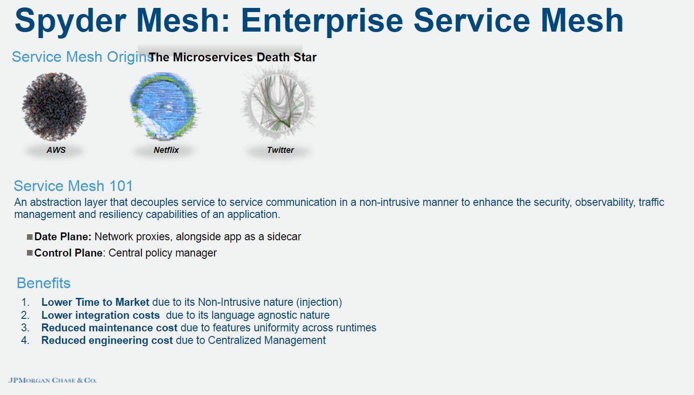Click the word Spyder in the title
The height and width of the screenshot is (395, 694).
pos(70,21)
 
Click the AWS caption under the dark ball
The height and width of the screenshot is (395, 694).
pos(56,150)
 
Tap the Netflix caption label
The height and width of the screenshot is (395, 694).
pos(166,150)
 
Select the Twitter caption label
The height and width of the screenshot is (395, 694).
pos(280,150)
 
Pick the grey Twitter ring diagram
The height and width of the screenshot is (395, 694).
pos(278,103)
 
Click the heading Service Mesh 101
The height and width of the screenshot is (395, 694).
pos(73,186)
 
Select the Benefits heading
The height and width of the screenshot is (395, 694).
pos(43,283)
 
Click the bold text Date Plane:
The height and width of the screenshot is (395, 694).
pos(63,237)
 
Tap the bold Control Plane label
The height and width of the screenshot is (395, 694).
pos(68,253)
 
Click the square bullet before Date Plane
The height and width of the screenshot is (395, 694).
pos(30,237)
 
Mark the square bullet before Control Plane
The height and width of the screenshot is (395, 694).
pos(30,253)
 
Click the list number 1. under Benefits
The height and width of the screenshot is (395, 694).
pos(25,303)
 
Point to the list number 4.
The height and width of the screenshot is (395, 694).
pos(25,341)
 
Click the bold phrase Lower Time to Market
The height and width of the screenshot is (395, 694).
pos(95,303)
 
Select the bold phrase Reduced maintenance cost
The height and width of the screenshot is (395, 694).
pos(109,328)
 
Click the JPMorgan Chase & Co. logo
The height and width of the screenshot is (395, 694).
pos(52,380)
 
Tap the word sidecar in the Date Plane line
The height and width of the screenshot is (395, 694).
pos(284,237)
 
